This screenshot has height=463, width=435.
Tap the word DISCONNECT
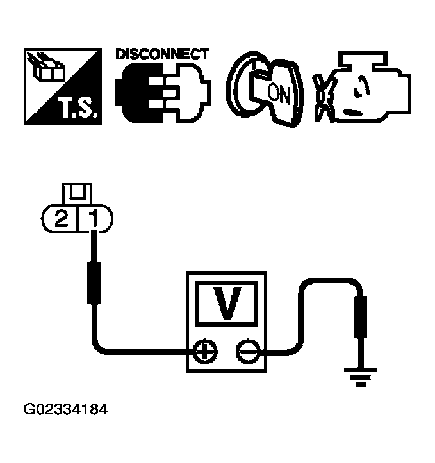[x=161, y=54]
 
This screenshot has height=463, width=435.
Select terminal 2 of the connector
[x=62, y=220]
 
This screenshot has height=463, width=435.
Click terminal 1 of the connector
[x=94, y=220]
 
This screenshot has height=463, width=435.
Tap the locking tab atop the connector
[x=76, y=192]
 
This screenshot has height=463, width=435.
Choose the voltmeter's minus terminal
[x=245, y=350]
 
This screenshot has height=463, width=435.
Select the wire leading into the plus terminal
[x=141, y=350]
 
